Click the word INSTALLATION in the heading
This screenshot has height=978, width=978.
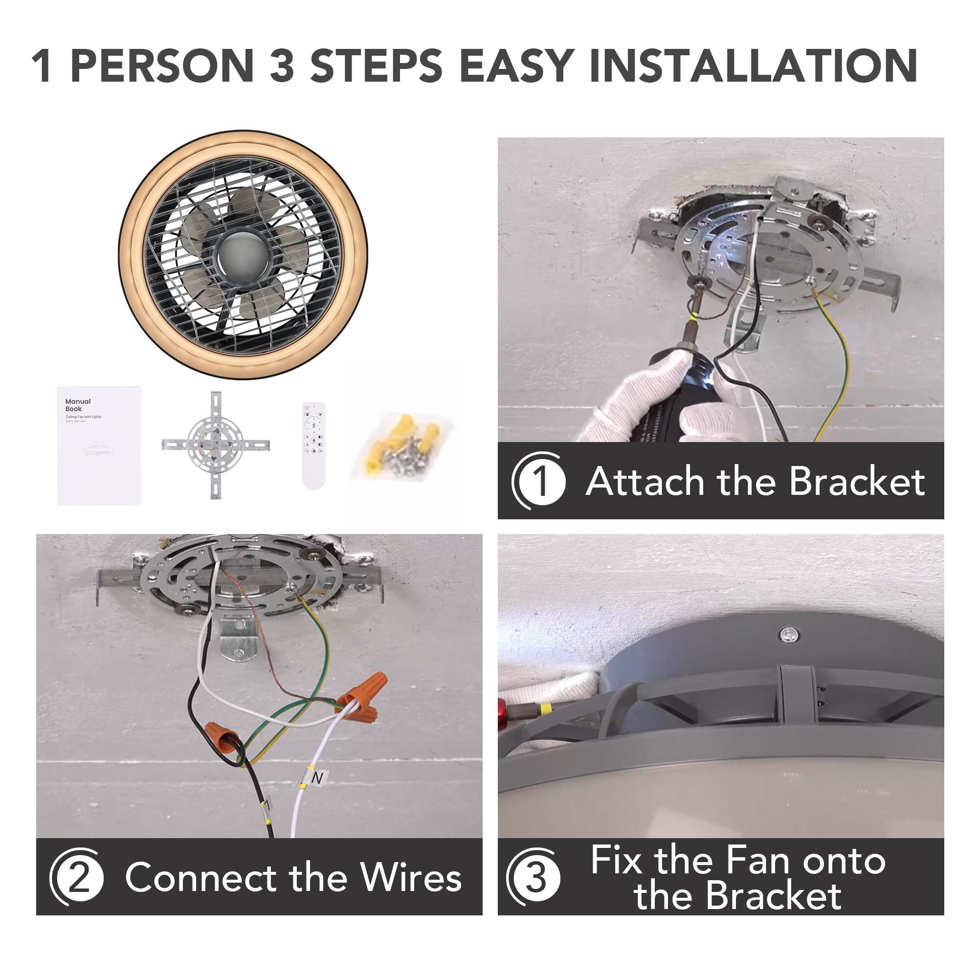753,66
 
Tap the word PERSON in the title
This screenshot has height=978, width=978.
162,66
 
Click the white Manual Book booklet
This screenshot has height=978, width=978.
99,445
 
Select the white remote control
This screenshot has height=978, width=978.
313,445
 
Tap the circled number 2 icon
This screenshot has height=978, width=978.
78,878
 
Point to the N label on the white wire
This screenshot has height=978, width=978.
317,778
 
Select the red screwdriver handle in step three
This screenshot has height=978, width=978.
502,714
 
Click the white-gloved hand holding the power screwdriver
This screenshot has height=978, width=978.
643,395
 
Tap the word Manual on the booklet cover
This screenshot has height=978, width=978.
78,401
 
